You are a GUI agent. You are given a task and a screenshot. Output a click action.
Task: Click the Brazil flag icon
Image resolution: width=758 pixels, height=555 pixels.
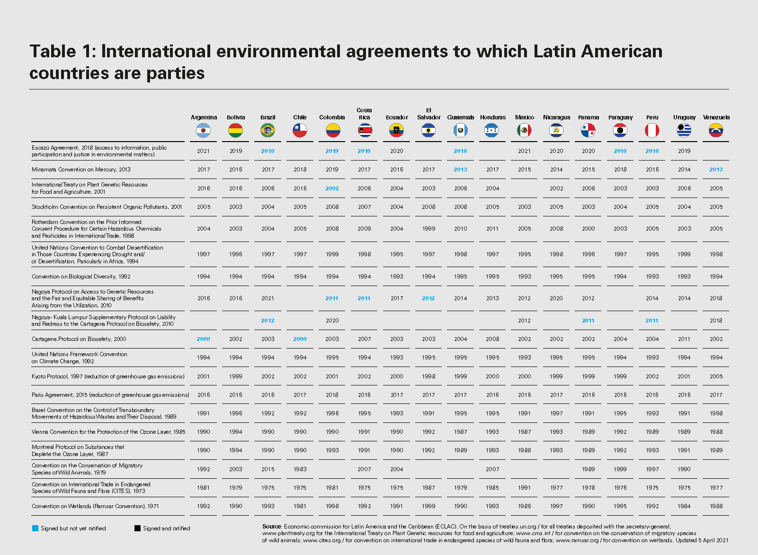point(268,130)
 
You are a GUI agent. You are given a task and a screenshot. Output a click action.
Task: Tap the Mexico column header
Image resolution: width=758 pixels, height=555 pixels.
point(524,117)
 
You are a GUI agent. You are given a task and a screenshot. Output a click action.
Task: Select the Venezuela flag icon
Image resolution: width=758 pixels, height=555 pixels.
point(716,130)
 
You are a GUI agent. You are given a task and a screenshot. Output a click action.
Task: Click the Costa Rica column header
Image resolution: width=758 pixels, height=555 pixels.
point(364,114)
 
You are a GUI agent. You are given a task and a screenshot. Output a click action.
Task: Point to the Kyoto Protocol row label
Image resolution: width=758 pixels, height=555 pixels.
point(108,376)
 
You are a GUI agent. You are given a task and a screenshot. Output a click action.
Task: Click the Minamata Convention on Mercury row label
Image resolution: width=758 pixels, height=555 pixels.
point(81,170)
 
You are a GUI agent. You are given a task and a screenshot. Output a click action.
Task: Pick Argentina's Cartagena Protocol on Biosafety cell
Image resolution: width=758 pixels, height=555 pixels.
point(203,339)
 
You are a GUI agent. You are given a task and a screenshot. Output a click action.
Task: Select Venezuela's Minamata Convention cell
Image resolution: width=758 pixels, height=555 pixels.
point(716,170)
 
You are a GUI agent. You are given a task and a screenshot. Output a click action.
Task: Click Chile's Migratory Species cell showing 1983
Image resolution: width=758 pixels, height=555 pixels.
point(300,469)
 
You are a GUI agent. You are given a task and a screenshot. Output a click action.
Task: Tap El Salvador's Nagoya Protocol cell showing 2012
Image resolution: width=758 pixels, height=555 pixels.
point(428,298)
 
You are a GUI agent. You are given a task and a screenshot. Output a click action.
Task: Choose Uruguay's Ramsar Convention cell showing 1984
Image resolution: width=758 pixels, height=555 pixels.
point(684,506)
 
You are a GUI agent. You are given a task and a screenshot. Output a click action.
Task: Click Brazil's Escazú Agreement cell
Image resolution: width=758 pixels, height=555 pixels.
point(268,151)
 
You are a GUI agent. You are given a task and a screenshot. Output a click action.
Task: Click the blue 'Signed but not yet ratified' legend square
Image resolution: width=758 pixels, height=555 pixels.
point(35,528)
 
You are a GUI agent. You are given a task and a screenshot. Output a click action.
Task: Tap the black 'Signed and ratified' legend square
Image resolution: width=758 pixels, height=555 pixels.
point(137,528)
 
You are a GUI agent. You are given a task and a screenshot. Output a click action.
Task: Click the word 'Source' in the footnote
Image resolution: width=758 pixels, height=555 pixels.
point(272,527)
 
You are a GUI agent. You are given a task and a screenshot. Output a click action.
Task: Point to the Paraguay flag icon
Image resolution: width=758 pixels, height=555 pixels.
point(620,130)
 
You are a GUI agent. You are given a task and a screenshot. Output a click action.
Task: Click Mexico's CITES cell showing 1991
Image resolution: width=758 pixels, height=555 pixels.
point(524,488)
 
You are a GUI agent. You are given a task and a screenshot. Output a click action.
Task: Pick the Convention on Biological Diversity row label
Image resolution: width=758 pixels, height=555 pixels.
point(81,277)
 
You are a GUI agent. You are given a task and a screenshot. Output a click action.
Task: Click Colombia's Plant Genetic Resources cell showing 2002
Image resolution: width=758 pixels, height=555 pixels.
point(332,188)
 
